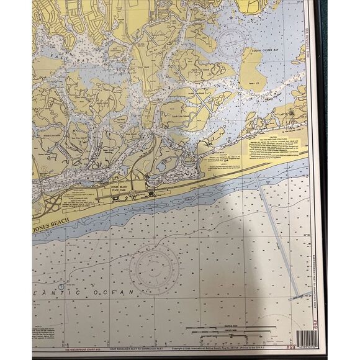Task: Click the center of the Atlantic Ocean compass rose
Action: tap(153, 269)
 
